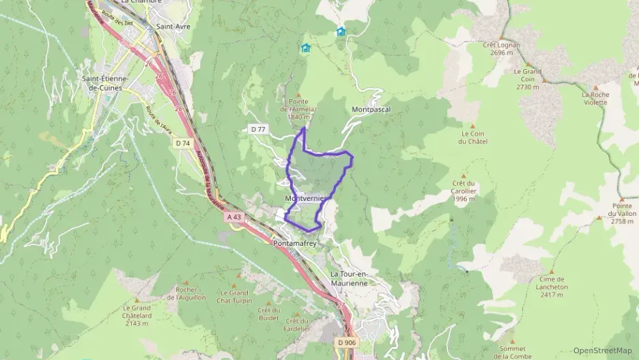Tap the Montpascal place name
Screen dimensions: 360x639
(370, 109)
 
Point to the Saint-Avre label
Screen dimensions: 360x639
(173, 27)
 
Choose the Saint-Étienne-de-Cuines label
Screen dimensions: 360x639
(106, 83)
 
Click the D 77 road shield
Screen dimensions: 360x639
(257, 129)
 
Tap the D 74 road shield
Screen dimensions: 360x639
(182, 143)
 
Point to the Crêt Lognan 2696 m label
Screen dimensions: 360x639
(501, 49)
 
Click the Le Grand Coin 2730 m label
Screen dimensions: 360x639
(528, 79)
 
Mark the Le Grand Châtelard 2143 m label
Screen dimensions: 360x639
(137, 315)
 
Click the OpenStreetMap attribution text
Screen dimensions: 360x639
(602, 351)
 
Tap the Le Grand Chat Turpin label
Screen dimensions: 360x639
(234, 296)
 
